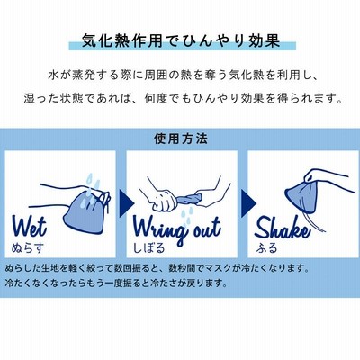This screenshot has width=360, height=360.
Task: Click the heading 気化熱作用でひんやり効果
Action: click(181, 40)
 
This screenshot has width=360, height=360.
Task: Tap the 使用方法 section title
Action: click(181, 139)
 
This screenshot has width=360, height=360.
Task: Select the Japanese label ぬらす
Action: click(28, 247)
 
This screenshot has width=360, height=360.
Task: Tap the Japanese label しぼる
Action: click(149, 247)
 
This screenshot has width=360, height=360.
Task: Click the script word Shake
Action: click(283, 229)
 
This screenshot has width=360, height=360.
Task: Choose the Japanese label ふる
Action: click(266, 247)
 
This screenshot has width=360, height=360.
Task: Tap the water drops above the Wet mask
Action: click(93, 182)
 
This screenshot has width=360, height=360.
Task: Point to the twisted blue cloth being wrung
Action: click(189, 198)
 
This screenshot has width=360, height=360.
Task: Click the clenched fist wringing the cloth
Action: click(165, 201)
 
